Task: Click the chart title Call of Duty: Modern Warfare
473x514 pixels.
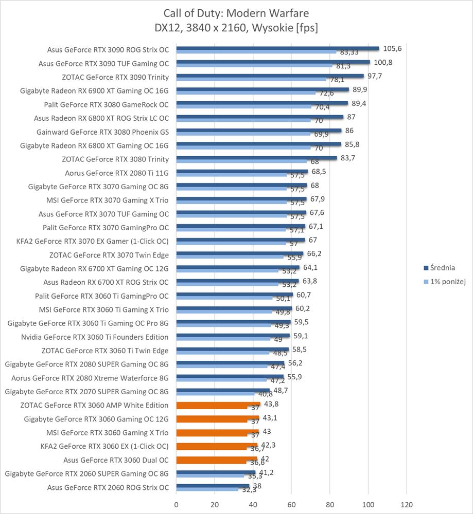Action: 236,13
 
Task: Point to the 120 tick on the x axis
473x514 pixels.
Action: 407,504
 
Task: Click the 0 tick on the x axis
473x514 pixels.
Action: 177,504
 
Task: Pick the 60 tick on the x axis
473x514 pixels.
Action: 291,504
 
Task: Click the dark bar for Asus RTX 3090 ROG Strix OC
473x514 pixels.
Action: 277,48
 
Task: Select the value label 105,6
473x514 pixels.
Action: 393,48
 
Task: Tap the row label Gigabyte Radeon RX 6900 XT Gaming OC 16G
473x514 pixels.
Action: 94,91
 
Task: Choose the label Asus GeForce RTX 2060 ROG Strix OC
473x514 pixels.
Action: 108,487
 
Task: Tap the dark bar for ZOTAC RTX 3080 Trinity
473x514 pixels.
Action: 256,158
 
